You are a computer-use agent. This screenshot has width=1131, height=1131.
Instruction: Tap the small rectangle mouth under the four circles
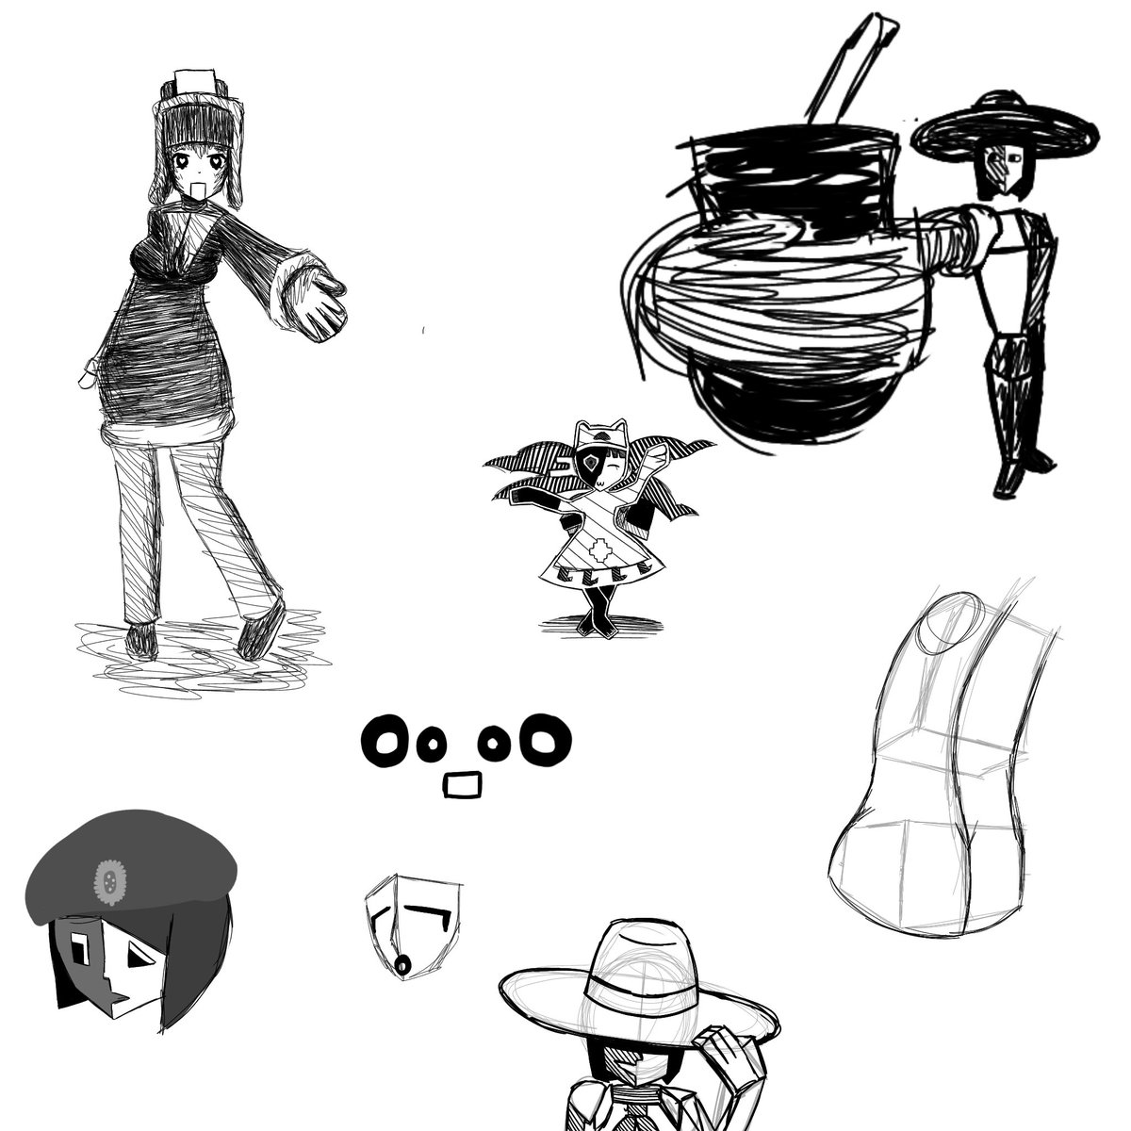click(463, 784)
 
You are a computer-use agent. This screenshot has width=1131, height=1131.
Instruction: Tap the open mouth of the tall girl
click(198, 193)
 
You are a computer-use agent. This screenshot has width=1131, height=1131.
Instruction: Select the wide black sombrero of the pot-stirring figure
click(1005, 132)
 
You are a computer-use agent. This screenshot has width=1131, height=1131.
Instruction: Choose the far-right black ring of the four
click(548, 742)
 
